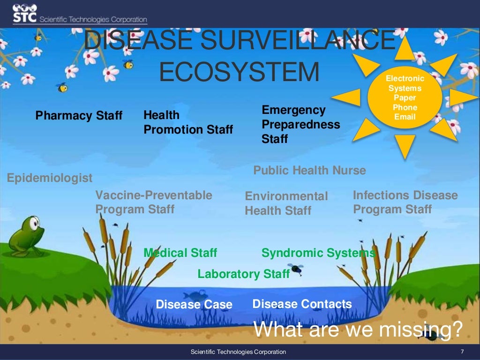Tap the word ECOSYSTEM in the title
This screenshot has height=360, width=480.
coord(239,72)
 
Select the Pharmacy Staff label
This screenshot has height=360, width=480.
coord(79,115)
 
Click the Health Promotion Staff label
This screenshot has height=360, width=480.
coord(187,122)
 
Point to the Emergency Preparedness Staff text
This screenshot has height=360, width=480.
coord(300,125)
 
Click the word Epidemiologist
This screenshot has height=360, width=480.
coord(50,178)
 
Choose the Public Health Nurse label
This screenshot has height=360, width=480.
coord(309,171)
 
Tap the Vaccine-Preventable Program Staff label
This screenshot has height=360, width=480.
coord(154,202)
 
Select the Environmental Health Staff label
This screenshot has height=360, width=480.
coord(286,203)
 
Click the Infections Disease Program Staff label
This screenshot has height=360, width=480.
coord(405,202)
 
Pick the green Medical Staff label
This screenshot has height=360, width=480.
coord(180,253)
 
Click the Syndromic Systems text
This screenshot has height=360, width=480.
coord(318,253)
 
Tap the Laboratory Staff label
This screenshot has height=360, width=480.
coord(243,274)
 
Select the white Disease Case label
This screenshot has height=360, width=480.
coord(194,305)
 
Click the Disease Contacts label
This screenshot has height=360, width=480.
coord(302,304)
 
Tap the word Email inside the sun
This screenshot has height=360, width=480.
coord(405,117)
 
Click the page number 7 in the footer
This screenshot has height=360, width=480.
coord(462,352)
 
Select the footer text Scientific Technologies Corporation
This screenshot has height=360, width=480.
coord(238,352)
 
